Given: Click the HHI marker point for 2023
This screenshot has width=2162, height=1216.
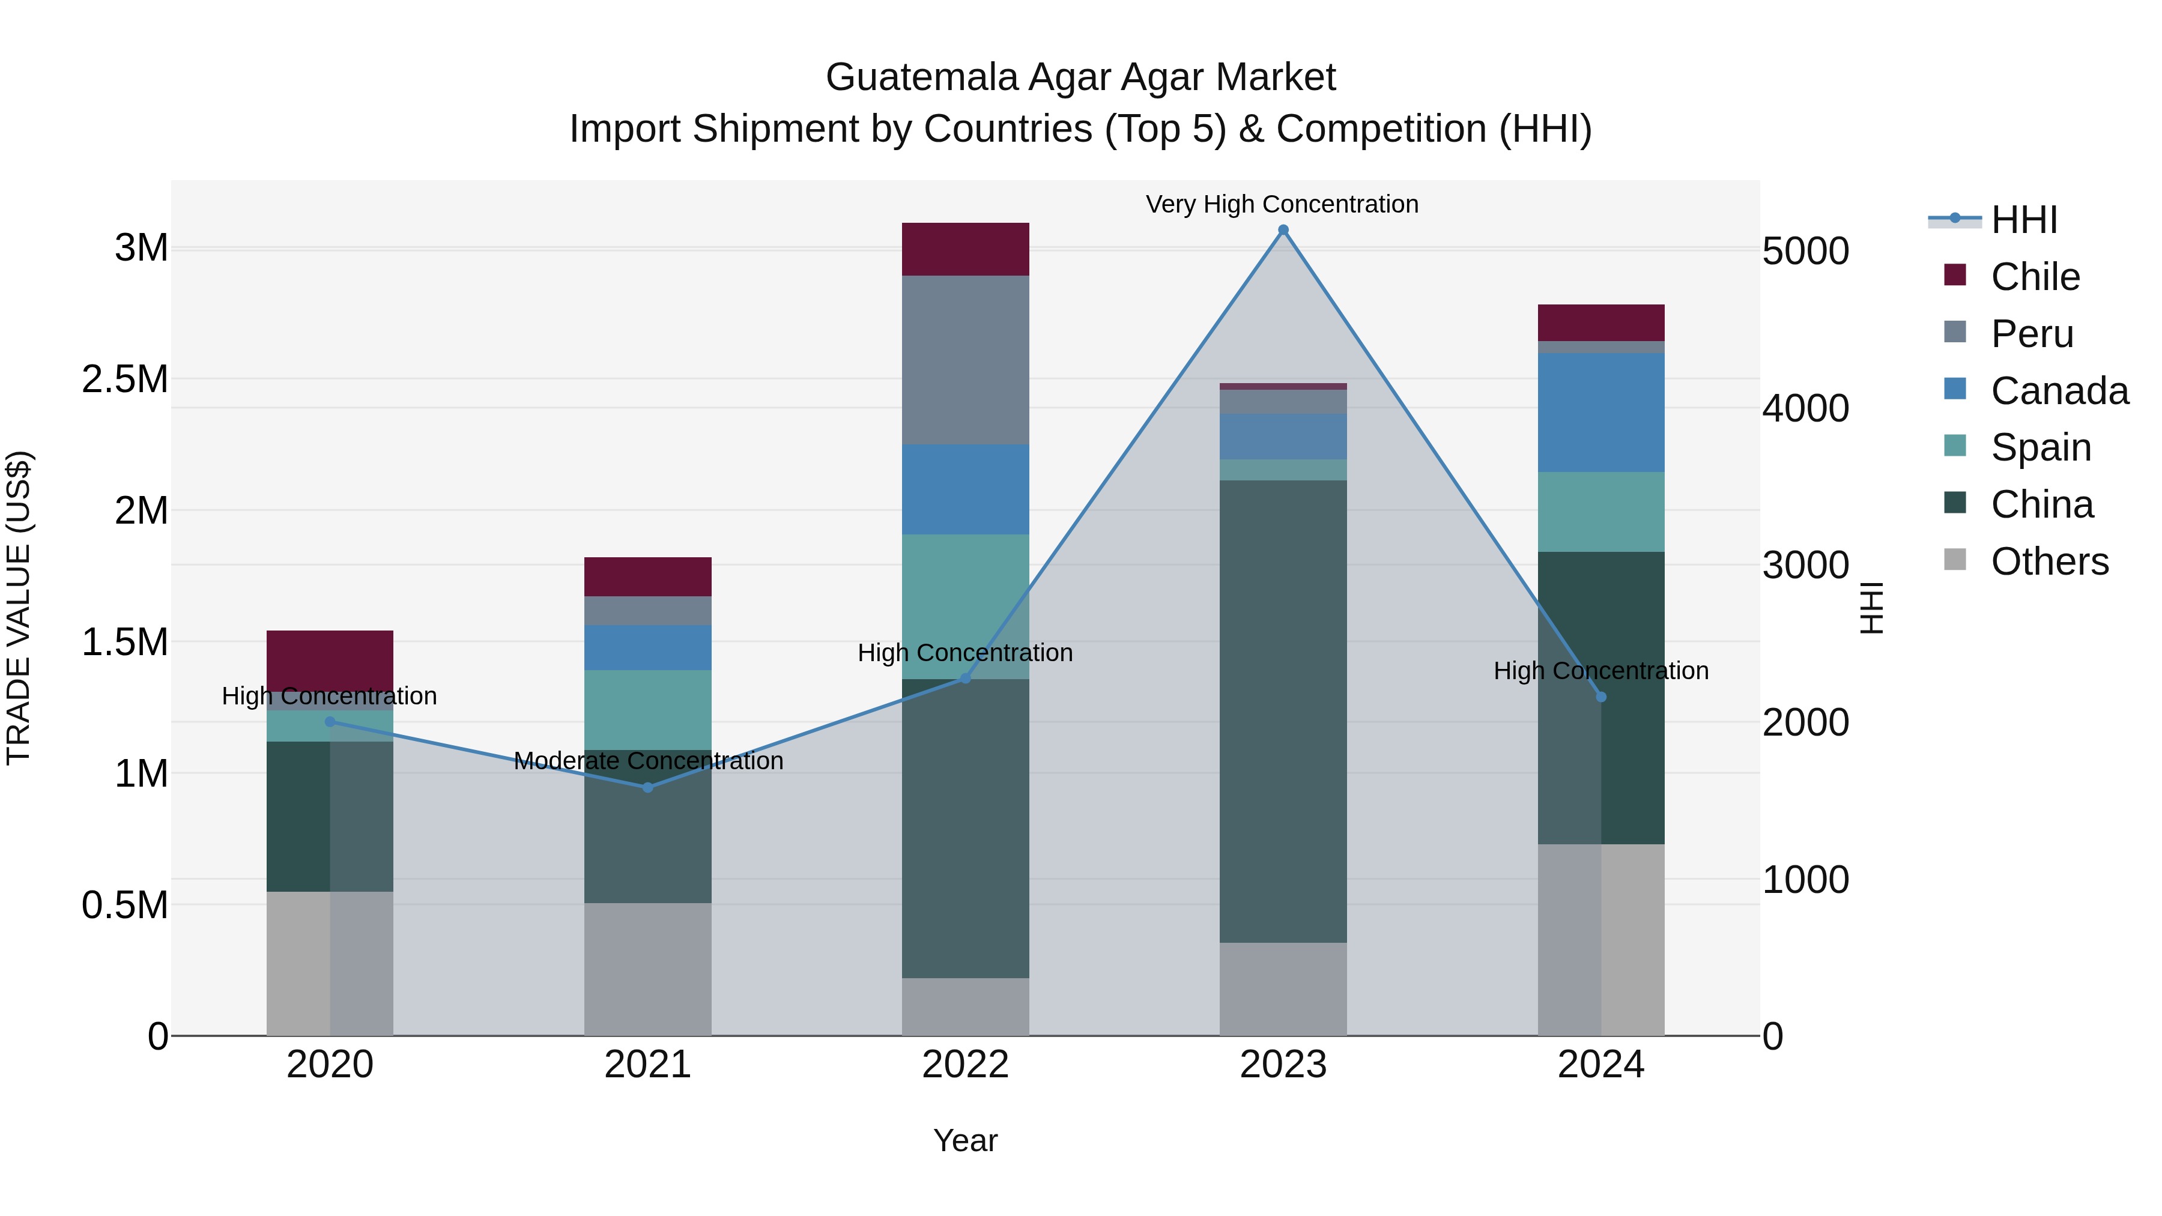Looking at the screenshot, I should coord(1282,230).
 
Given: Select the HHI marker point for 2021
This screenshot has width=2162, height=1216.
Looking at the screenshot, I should coord(647,787).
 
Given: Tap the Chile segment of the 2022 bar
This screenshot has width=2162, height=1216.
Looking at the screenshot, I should coord(965,249).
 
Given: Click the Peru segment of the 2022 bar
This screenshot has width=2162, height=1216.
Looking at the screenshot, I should coord(965,360).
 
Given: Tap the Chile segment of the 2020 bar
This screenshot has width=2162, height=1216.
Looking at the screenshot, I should coord(330,661).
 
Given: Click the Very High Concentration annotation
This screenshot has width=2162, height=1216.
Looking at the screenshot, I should coord(1282,204).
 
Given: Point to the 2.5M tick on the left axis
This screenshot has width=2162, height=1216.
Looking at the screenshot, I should coord(124,380).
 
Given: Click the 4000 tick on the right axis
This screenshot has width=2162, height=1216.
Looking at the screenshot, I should coord(1805,409).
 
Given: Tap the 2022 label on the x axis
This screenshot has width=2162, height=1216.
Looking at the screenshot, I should coord(965,1065).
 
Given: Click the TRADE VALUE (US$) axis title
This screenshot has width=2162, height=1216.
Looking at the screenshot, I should coord(19,608).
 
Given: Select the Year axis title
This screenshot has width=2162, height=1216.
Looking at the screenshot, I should coord(965,1140).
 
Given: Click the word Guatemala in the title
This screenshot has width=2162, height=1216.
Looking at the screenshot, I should coord(921,77).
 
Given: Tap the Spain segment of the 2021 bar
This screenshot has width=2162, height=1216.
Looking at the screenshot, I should coord(647,709).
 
